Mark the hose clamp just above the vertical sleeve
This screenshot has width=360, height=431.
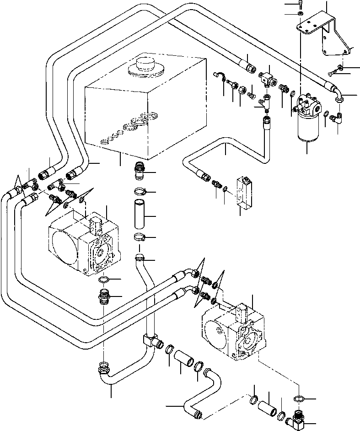click(x=140, y=192)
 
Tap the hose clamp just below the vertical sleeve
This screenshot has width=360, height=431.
click(x=141, y=237)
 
